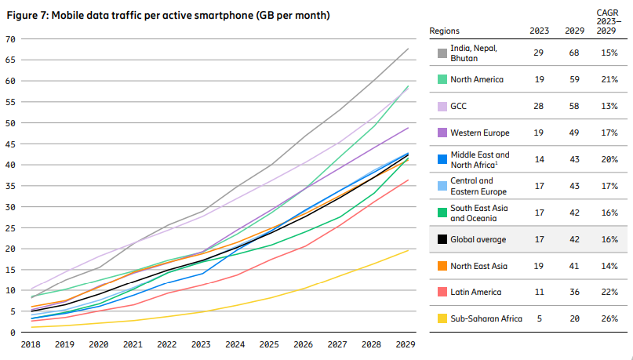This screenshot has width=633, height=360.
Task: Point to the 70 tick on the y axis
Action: pyautogui.click(x=10, y=39)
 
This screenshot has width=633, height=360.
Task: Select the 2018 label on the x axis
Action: pyautogui.click(x=31, y=344)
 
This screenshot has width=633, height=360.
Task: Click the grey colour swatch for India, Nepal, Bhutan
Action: pyautogui.click(x=442, y=53)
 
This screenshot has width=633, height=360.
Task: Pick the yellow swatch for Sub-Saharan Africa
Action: pyautogui.click(x=442, y=319)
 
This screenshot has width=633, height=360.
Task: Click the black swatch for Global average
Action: pyautogui.click(x=442, y=239)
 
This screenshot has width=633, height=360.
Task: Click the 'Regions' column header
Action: pyautogui.click(x=445, y=31)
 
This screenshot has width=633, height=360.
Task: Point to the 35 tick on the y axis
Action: pyautogui.click(x=10, y=186)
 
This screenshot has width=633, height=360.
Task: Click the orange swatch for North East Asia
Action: pyautogui.click(x=442, y=266)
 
